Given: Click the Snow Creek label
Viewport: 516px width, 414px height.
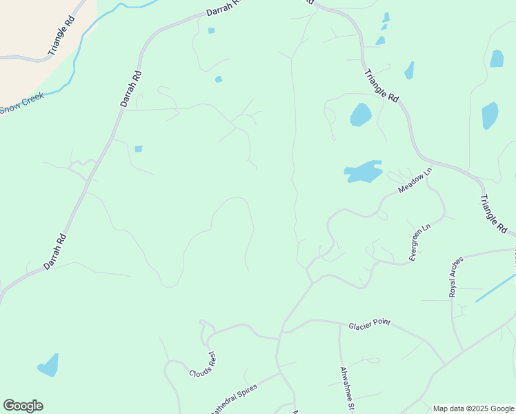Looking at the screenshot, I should pyautogui.click(x=21, y=102).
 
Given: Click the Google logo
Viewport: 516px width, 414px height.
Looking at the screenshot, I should pyautogui.click(x=23, y=406).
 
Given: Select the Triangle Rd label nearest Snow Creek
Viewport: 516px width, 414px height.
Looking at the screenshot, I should pyautogui.click(x=61, y=37).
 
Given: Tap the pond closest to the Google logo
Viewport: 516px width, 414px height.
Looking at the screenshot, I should pyautogui.click(x=48, y=365).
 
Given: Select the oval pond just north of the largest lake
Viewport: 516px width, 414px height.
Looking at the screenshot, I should pyautogui.click(x=360, y=115).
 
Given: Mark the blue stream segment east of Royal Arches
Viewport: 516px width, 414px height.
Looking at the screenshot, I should pyautogui.click(x=495, y=288).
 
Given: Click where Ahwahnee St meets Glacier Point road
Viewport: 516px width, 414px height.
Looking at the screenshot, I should pyautogui.click(x=339, y=323).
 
